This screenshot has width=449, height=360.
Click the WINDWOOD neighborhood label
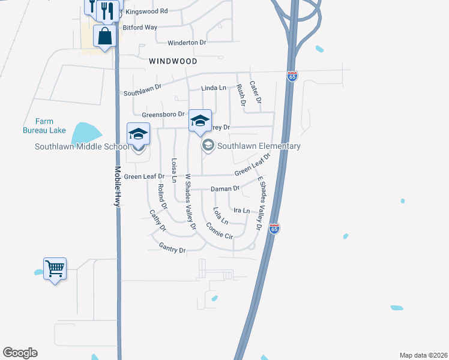tap(173, 61)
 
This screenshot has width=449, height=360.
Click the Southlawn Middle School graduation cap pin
tap(138, 134)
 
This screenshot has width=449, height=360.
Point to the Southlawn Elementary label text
tap(259, 146)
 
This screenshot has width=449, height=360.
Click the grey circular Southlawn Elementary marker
tap(208, 145)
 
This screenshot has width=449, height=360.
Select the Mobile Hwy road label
tap(118, 187)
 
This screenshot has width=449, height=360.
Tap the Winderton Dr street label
tap(187, 43)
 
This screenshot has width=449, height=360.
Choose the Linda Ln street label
tap(214, 88)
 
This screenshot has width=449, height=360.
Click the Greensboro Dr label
tap(163, 115)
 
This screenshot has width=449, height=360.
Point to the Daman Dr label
tap(225, 189)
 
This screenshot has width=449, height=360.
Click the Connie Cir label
tap(219, 230)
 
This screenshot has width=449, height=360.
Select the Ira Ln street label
tap(241, 211)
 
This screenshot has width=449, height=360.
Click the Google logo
tap(20, 353)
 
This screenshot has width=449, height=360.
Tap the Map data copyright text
tap(423, 355)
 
